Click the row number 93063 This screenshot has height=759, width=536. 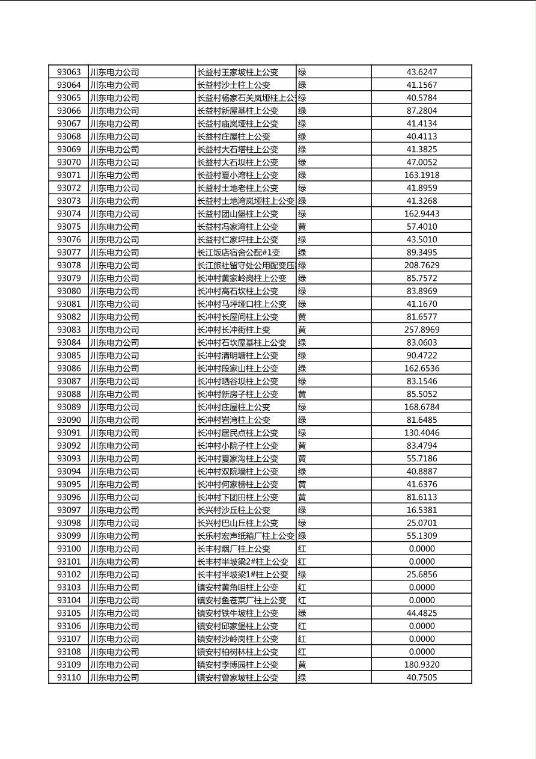pyautogui.click(x=69, y=72)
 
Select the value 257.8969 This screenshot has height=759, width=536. pyautogui.click(x=422, y=330)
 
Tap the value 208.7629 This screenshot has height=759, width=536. pyautogui.click(x=422, y=265)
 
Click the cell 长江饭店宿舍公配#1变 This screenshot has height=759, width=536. pyautogui.click(x=239, y=253)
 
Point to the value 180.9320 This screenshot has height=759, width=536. pyautogui.click(x=422, y=665)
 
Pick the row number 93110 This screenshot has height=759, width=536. pyautogui.click(x=69, y=678)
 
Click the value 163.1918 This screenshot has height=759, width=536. pyautogui.click(x=422, y=175)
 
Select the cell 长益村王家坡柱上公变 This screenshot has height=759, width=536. pyautogui.click(x=238, y=72)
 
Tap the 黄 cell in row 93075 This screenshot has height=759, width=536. pyautogui.click(x=302, y=227)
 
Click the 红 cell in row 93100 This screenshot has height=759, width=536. pyautogui.click(x=302, y=549)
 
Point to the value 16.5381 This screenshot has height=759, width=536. pyautogui.click(x=422, y=510)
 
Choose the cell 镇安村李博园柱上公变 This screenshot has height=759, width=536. pyautogui.click(x=238, y=665)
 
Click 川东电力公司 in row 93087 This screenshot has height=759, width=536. pyautogui.click(x=114, y=381)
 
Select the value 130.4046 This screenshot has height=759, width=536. pyautogui.click(x=422, y=432)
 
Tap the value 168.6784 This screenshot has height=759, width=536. pyautogui.click(x=422, y=407)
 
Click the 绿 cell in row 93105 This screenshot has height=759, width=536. pyautogui.click(x=302, y=613)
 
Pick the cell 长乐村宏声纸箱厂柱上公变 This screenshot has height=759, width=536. pyautogui.click(x=246, y=536)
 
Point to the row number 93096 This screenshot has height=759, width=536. pyautogui.click(x=69, y=497)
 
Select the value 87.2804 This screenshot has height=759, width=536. pyautogui.click(x=422, y=111)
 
